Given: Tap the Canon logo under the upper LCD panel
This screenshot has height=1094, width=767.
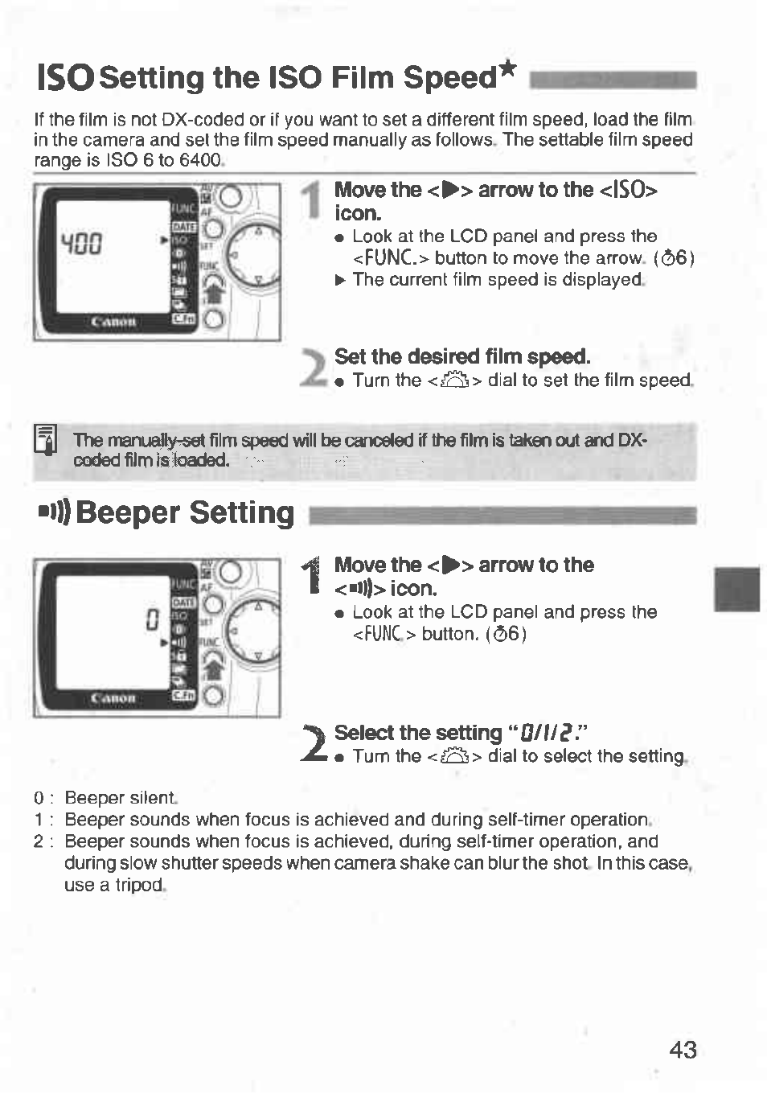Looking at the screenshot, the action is click(113, 322).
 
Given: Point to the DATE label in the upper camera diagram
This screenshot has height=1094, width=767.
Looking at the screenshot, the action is click(184, 228).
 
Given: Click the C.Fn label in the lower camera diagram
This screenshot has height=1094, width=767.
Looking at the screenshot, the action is click(184, 695).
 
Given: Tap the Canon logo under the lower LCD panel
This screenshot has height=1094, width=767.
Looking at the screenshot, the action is click(113, 697).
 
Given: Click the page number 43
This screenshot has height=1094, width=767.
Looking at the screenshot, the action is click(683, 1050).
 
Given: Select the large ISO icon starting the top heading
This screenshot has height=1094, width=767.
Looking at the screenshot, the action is click(64, 78).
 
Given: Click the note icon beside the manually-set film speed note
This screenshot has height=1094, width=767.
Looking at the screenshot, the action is click(45, 441).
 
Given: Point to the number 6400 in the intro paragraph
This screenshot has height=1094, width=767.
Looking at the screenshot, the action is click(200, 160).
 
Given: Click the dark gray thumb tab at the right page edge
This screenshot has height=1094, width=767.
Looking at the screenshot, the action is click(736, 589).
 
